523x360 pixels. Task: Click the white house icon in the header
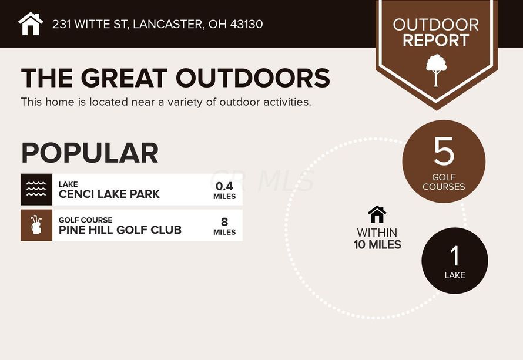coord(31,23)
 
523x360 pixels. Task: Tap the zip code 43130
coord(246,24)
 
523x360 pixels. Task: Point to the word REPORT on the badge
coord(435,41)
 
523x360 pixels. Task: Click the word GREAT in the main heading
coord(124,78)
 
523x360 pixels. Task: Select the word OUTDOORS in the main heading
coord(253,78)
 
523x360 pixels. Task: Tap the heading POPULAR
coord(90,153)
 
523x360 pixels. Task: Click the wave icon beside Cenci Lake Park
coord(36,189)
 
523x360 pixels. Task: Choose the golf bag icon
coord(36,225)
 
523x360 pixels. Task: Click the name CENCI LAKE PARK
coord(109,194)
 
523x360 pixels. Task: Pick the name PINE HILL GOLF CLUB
coord(120,230)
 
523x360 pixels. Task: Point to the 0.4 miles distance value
coord(224,190)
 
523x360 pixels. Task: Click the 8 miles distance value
coord(224,226)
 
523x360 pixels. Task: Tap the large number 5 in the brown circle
coord(444,152)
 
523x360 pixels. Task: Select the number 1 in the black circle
coord(455,255)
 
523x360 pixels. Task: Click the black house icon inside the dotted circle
coord(377,214)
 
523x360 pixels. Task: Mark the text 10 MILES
coord(377,245)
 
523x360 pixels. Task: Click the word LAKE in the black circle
coord(455,275)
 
